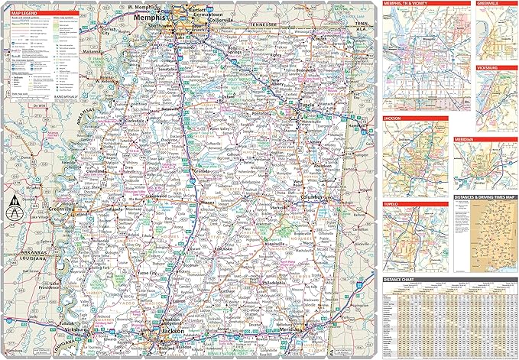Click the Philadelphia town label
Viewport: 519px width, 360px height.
(x=271, y=282)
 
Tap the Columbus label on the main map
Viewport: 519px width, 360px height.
(x=314, y=197)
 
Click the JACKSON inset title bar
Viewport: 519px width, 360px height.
(x=398, y=119)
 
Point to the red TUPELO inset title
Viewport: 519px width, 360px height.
(x=396, y=205)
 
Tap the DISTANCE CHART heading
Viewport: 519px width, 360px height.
(x=404, y=280)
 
